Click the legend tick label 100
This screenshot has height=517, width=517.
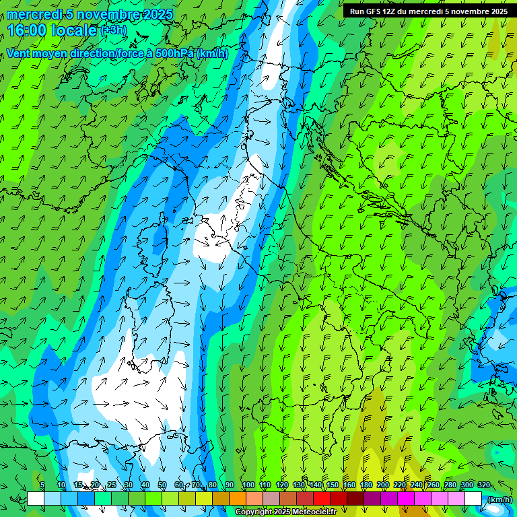248,485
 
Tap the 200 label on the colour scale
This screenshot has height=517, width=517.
383,485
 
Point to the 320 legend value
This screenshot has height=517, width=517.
484,485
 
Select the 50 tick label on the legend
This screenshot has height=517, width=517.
162,485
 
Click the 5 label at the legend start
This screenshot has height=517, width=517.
42,485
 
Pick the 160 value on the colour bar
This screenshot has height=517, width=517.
349,485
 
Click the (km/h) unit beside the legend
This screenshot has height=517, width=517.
499,499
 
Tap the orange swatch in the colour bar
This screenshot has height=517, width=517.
238,499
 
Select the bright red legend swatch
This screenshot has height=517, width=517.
322,499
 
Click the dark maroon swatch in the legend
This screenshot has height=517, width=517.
355,499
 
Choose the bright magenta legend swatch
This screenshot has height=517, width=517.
406,499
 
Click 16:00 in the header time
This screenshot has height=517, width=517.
26,30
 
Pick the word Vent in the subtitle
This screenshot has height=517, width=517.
18,53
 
